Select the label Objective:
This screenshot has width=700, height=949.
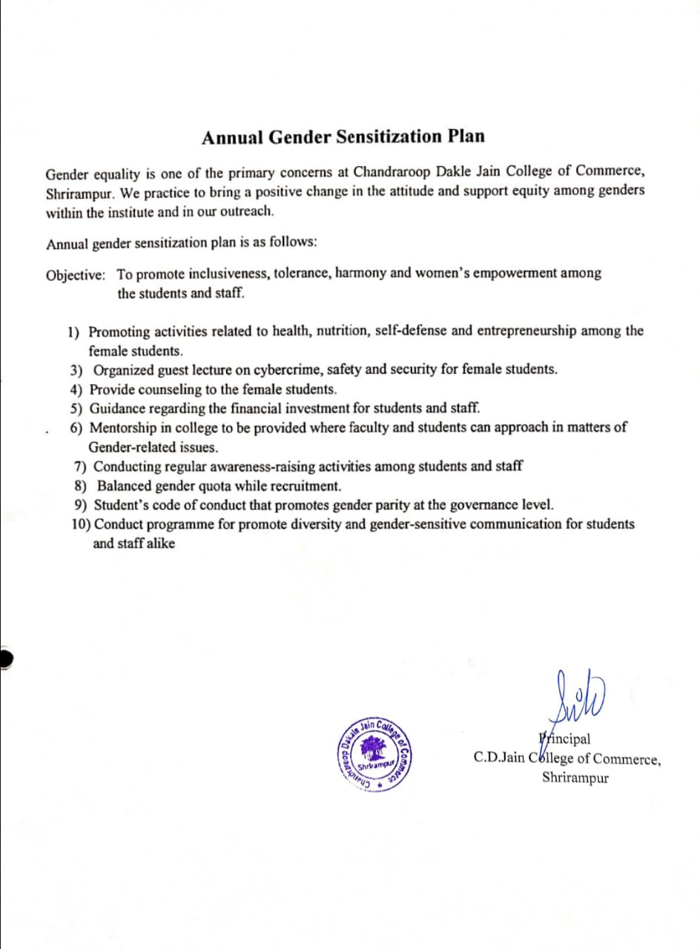[x=76, y=275]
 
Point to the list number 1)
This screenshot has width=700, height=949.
[x=75, y=331]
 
